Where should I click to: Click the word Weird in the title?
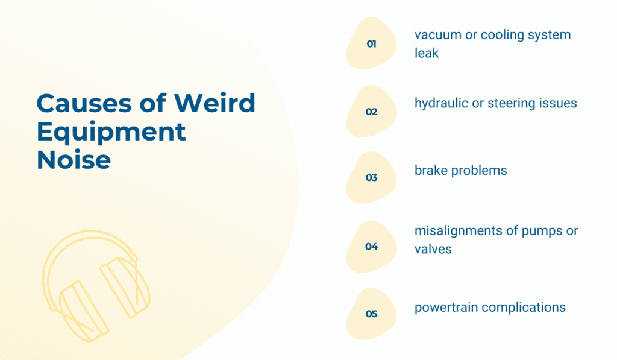215,103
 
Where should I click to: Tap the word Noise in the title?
74,160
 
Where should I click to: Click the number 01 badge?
371,43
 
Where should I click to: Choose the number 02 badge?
371,112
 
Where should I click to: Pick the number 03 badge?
371,178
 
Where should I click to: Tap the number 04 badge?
371,247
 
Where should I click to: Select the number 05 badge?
371,314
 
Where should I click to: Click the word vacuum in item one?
438,35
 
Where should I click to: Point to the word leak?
427,53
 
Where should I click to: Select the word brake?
431,171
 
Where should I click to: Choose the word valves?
433,249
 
